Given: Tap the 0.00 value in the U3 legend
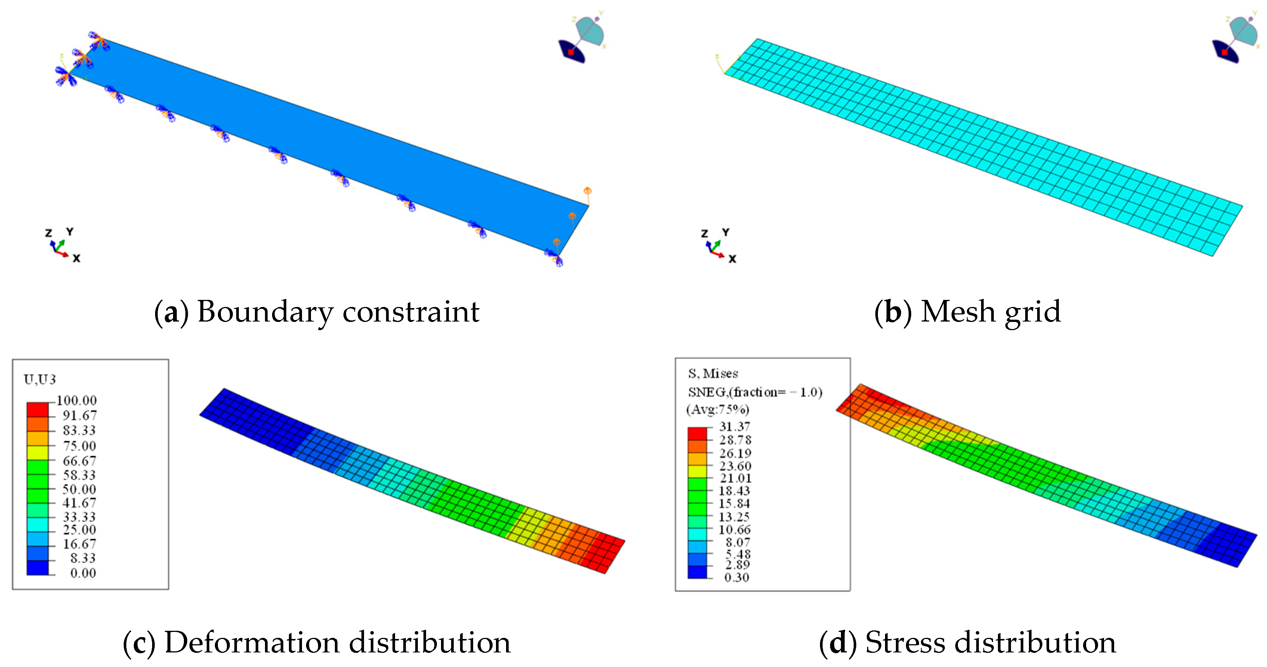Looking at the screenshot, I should pos(83,573).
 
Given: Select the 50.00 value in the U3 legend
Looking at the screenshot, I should pos(79,489).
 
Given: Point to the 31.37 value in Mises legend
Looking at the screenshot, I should pos(735,426).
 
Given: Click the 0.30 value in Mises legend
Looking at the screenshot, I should pos(737,577).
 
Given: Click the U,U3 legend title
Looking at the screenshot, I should pos(40,379).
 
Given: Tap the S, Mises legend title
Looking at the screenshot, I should pos(713,373).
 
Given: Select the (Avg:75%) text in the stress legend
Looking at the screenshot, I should pos(718,409).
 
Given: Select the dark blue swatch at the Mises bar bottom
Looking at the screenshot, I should pos(697,572).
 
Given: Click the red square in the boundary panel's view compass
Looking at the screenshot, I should pos(571,52).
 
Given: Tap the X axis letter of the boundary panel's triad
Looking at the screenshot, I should pos(76,258).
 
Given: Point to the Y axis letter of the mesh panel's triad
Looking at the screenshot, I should pos(725,232).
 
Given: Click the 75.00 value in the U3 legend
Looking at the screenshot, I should pos(79,446).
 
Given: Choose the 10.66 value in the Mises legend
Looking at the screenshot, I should pos(735,529).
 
